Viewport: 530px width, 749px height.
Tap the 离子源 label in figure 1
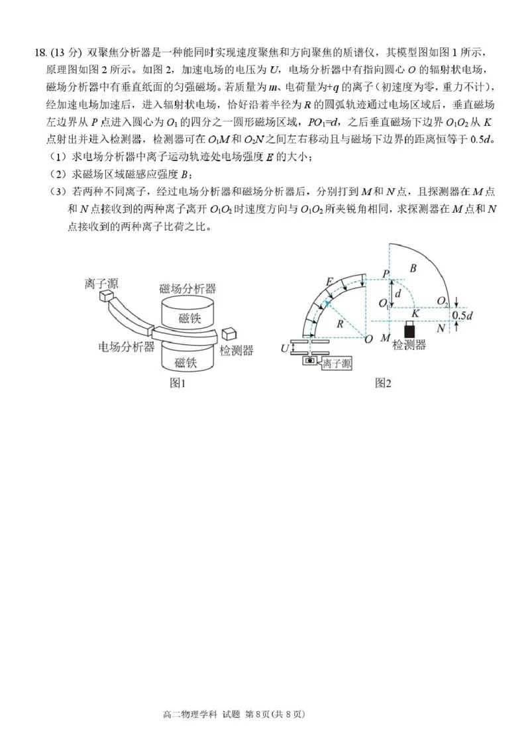click(101, 284)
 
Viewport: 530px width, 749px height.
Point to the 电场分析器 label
click(127, 347)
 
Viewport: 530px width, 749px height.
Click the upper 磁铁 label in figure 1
click(188, 318)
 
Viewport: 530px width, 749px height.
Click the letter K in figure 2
click(415, 313)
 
